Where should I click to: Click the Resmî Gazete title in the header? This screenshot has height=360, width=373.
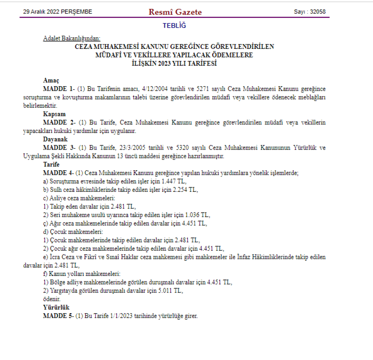pos(175,12)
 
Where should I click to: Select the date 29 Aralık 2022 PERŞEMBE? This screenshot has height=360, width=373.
pos(58,12)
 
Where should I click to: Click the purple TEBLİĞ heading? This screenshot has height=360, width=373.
pos(174,26)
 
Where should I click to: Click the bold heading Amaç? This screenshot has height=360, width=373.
pos(51,80)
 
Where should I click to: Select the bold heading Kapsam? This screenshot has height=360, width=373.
pos(54,114)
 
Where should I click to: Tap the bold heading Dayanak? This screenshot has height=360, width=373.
pos(55,140)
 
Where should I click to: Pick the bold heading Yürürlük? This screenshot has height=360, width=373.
pos(56,307)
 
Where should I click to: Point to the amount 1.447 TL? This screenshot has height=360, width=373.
pos(174,181)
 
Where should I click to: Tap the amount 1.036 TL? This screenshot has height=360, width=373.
pos(198,215)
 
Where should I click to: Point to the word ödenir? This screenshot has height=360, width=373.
pos(52,299)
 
